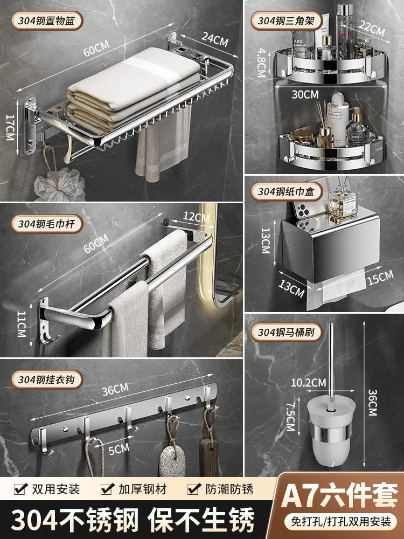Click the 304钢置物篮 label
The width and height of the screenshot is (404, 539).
click(47, 20)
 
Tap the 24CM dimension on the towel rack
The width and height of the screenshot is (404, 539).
click(215, 39)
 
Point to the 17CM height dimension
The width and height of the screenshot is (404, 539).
click(10, 127)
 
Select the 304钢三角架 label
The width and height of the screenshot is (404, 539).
click(286, 20)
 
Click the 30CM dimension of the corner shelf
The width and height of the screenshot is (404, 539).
click(305, 94)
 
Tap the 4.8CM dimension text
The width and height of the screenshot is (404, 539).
click(262, 62)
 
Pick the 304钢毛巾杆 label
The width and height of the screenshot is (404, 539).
click(47, 224)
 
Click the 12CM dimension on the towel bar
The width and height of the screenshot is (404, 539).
click(196, 217)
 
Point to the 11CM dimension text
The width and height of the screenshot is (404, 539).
click(22, 324)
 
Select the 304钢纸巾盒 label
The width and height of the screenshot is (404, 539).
click(286, 191)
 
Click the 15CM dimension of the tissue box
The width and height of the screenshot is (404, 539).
click(380, 278)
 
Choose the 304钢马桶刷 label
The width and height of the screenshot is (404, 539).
click(286, 333)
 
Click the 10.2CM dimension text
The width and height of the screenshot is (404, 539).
click(308, 383)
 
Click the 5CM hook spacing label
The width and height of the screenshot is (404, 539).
click(119, 449)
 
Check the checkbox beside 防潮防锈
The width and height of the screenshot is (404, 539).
click(194, 488)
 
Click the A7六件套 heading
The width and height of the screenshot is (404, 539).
click(339, 495)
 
